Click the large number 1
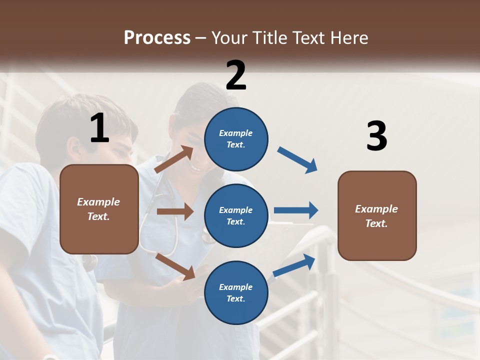point(99,128)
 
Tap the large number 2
point(236,75)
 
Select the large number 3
point(377,136)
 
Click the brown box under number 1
point(99,209)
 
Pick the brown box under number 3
point(377,216)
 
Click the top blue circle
point(236,139)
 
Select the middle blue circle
point(236,216)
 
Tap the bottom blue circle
point(236,293)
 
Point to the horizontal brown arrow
point(175,211)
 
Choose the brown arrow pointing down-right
point(175,266)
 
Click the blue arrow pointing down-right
point(297,160)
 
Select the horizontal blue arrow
point(296,210)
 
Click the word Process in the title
point(157,37)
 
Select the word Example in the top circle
point(236,133)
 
